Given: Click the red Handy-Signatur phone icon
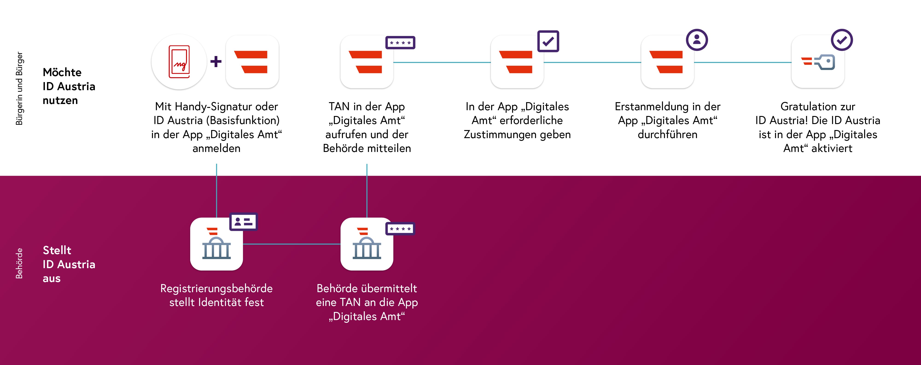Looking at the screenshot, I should (179, 62).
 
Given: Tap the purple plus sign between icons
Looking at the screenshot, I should (216, 62).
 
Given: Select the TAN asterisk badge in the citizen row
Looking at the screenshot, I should (400, 43).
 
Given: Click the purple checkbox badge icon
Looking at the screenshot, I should (548, 41).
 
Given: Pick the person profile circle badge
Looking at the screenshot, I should (697, 40).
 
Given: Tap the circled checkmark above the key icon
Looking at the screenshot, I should (842, 40).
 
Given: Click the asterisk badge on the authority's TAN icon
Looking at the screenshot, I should (400, 228).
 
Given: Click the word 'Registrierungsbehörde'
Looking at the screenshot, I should (216, 288).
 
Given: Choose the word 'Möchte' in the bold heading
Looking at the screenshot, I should (62, 72).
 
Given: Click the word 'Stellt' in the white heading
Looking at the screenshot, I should (57, 250).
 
